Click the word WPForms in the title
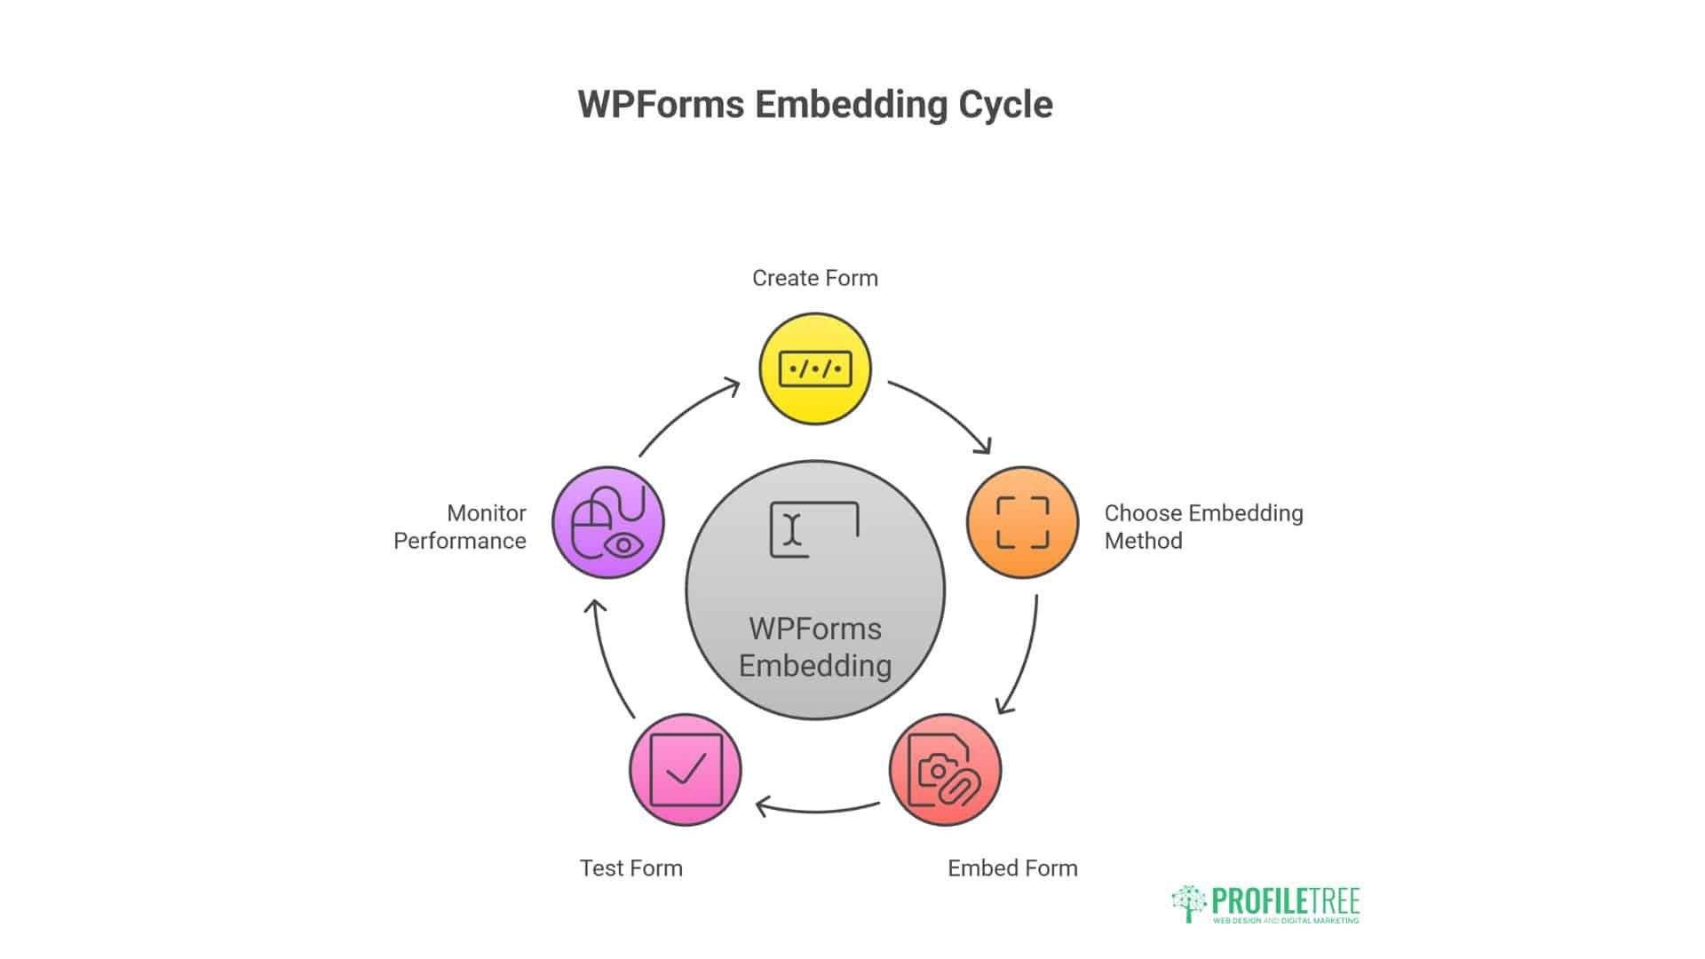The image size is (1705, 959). pos(661,105)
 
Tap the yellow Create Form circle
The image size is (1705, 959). pos(815,369)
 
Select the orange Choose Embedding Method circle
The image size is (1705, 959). pos(1022,522)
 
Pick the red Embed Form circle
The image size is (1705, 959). pos(945,770)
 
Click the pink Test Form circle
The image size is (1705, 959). pos(685,770)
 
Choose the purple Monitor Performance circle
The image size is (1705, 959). pos(608,522)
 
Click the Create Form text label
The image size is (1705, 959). pos(814,278)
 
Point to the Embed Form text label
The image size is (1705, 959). pos(1012,868)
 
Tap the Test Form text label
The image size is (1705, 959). pos(631,868)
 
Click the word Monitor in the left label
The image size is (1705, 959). pos(486,513)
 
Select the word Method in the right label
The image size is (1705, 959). pos(1143,541)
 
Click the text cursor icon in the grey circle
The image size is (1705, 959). pos(793,529)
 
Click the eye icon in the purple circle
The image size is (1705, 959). pos(624,544)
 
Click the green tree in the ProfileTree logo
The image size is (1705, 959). pos(1189,902)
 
